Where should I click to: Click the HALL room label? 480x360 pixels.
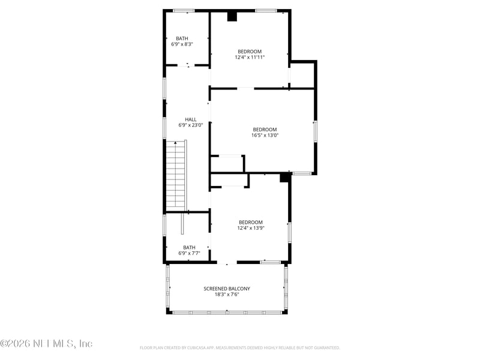pos(190,119)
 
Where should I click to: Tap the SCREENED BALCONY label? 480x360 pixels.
pos(227,289)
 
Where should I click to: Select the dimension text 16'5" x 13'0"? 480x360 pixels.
pos(265,136)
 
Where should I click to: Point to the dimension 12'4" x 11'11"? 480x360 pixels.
pos(250,58)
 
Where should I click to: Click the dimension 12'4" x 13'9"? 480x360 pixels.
pos(251,228)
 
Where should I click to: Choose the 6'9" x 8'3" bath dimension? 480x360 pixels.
pos(182,44)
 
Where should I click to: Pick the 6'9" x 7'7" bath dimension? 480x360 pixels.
pos(189,253)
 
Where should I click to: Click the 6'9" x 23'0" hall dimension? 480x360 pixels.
pos(191,125)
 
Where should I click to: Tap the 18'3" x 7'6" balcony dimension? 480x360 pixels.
pos(227,295)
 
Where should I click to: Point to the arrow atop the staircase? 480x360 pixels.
pos(175,143)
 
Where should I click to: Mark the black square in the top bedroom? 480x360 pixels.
pos(232,17)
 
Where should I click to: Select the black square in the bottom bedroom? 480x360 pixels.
pos(285,177)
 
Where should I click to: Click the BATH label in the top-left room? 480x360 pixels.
pos(182,38)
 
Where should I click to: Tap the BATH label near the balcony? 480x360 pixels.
pos(189,247)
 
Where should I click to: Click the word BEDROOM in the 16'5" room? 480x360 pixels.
pos(265,130)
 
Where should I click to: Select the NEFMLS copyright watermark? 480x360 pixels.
pos(46,344)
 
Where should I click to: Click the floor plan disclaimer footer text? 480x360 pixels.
pos(240,347)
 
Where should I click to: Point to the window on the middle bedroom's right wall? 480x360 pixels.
pos(315,131)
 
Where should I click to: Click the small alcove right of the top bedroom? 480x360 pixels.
pos(302,74)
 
